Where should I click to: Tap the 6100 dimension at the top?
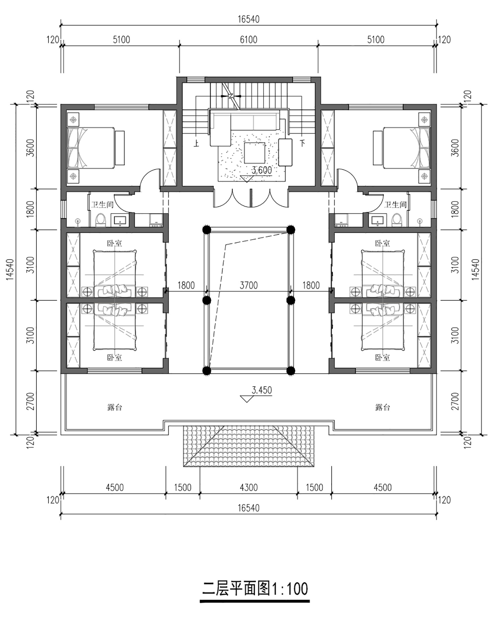249,40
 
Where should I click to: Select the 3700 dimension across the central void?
249,285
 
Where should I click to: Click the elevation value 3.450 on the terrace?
262,390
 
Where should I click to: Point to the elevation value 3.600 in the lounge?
262,170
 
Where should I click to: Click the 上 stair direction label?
196,144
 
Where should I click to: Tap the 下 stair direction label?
302,143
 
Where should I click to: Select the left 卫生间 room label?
102,204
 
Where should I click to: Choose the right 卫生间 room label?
395,204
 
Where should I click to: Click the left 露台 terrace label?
115,407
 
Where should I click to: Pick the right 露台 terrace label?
383,407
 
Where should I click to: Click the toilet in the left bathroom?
100,220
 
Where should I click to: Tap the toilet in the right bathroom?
397,220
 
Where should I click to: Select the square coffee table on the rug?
254,153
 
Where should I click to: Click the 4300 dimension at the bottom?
249,487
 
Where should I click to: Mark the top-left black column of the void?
206,229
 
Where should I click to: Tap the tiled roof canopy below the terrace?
249,446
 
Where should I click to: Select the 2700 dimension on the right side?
455,401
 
